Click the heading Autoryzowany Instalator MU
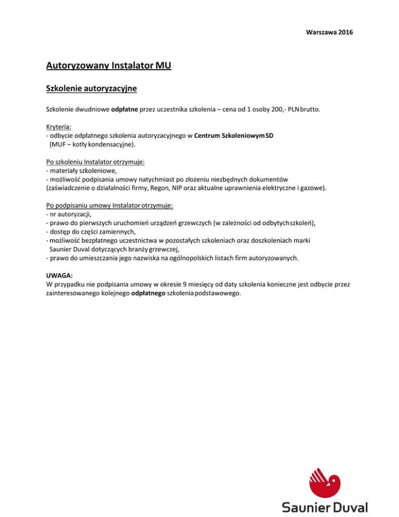click(109, 66)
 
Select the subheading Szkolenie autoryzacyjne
click(91, 89)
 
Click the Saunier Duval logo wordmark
click(325, 507)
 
